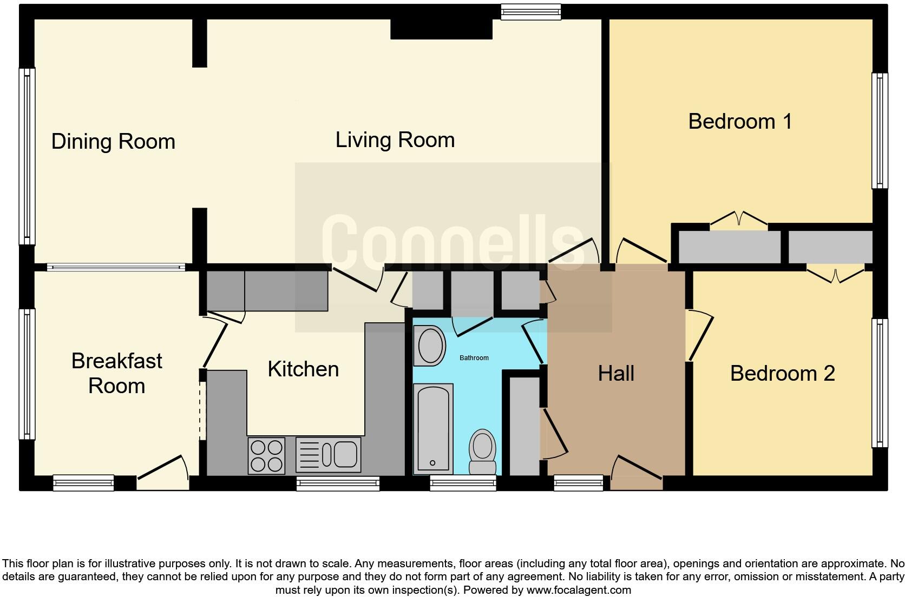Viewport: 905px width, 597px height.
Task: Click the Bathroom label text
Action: point(474,358)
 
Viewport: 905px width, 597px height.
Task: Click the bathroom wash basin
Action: point(430,346)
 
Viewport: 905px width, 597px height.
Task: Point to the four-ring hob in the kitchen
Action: point(266,456)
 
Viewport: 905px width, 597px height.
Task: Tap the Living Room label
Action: point(395,140)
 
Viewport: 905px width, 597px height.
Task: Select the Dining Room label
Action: point(113,142)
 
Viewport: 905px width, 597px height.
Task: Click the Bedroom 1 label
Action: point(740,122)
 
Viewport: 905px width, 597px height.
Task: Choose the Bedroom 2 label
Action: point(782,374)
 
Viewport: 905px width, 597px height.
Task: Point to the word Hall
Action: point(616,374)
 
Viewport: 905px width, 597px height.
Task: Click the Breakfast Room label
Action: point(116,373)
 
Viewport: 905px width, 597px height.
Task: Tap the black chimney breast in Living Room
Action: point(441,30)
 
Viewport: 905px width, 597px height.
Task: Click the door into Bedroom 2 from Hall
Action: point(699,335)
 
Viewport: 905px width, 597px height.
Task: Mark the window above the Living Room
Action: point(530,11)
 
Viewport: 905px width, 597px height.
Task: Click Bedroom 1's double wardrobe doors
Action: point(738,220)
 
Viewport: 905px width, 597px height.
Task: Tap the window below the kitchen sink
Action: point(338,483)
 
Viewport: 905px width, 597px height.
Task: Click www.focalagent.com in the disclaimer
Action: point(578,590)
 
